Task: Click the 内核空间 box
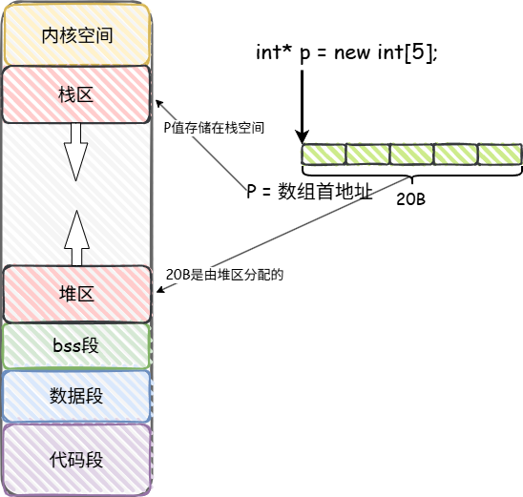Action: [77, 35]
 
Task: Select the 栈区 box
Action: [77, 93]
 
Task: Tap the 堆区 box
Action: [77, 294]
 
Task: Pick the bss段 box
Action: [77, 346]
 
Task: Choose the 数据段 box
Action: [77, 396]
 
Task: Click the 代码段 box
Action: [77, 459]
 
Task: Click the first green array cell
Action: [323, 154]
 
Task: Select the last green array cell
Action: [499, 154]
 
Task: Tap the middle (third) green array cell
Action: [411, 154]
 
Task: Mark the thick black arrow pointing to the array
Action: [302, 105]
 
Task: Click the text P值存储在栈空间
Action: [213, 127]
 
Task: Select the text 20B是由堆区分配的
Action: [226, 274]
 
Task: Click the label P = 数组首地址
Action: [308, 191]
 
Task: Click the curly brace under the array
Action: [411, 176]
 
